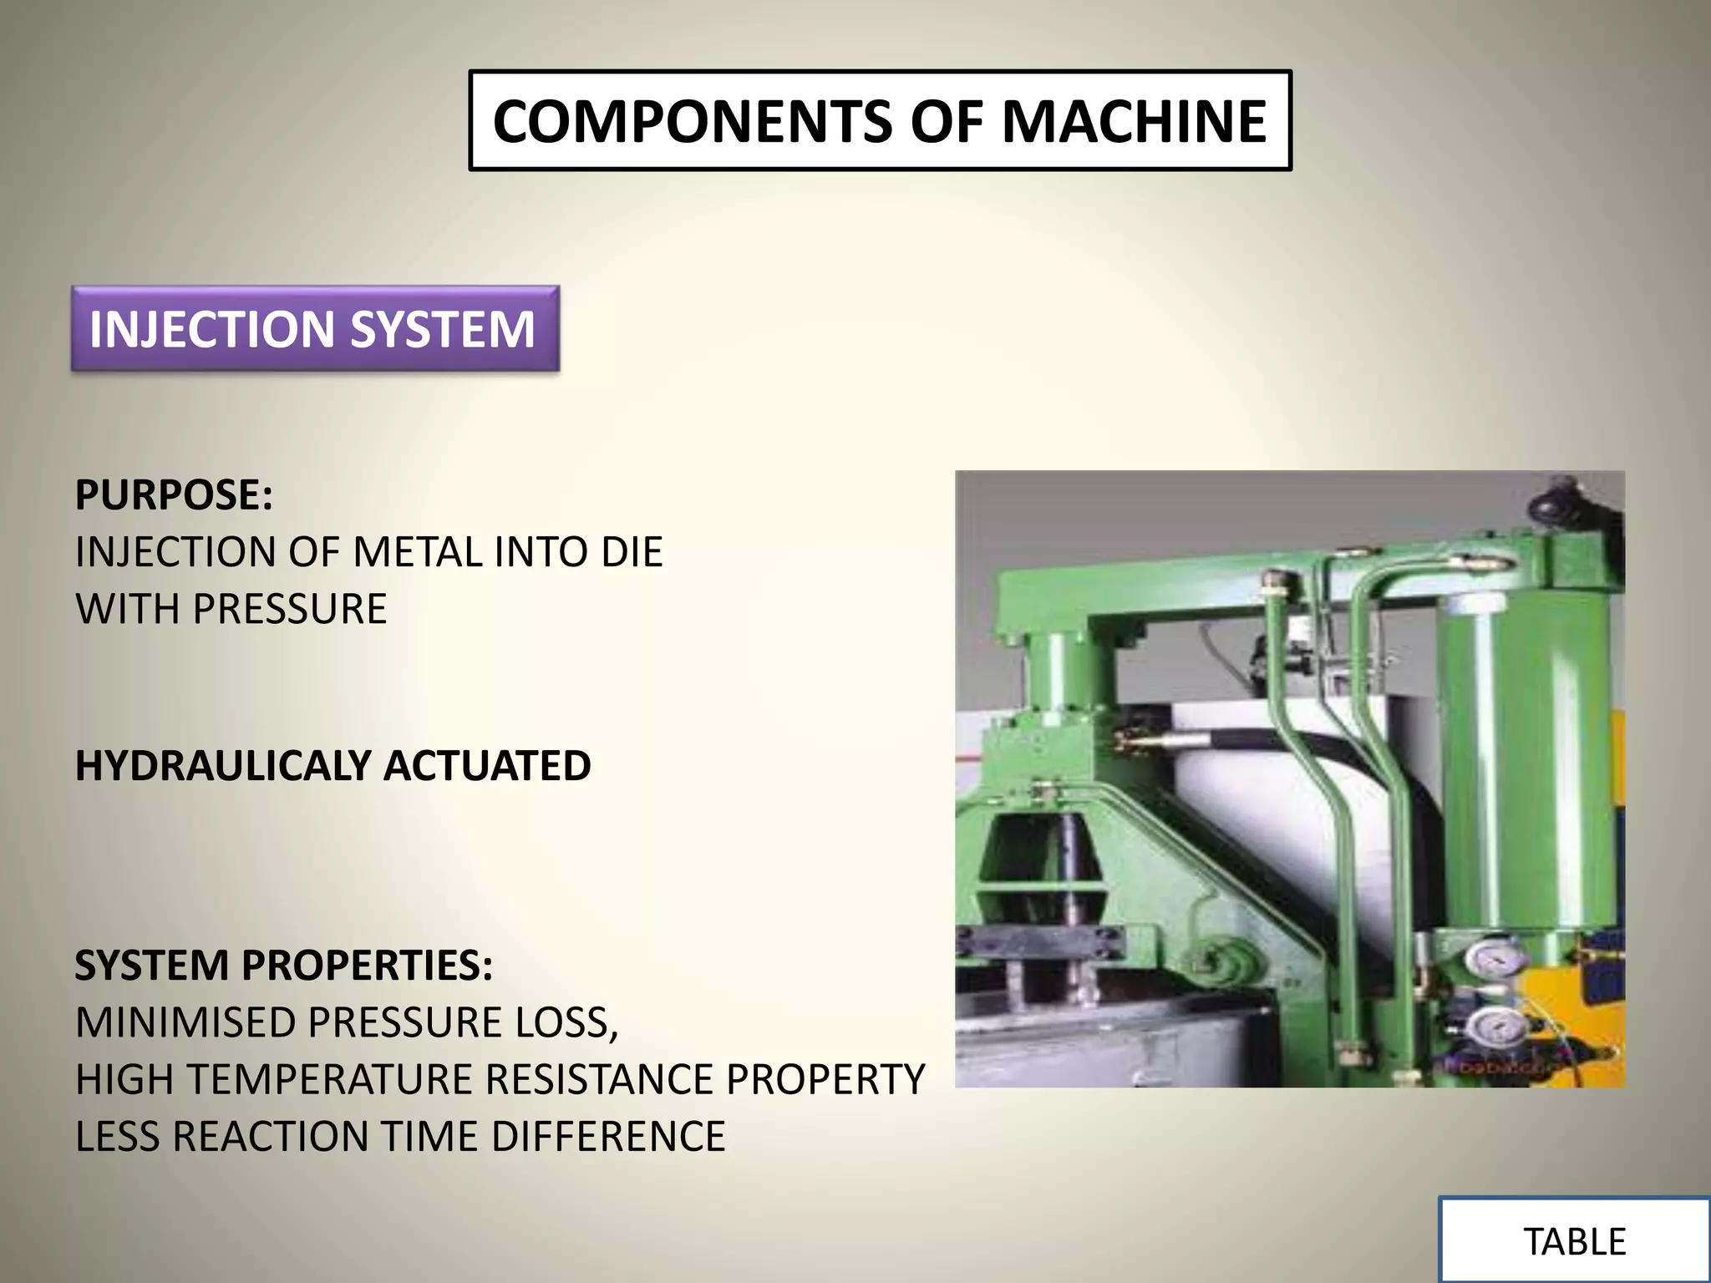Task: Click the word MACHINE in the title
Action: (1134, 122)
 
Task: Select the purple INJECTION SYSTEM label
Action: (314, 329)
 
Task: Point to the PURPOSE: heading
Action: (174, 495)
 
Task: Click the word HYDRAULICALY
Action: (223, 766)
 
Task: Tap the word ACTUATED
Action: (487, 766)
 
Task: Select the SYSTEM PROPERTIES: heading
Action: (284, 966)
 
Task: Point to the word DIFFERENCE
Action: (608, 1137)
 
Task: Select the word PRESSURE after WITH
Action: (290, 609)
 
